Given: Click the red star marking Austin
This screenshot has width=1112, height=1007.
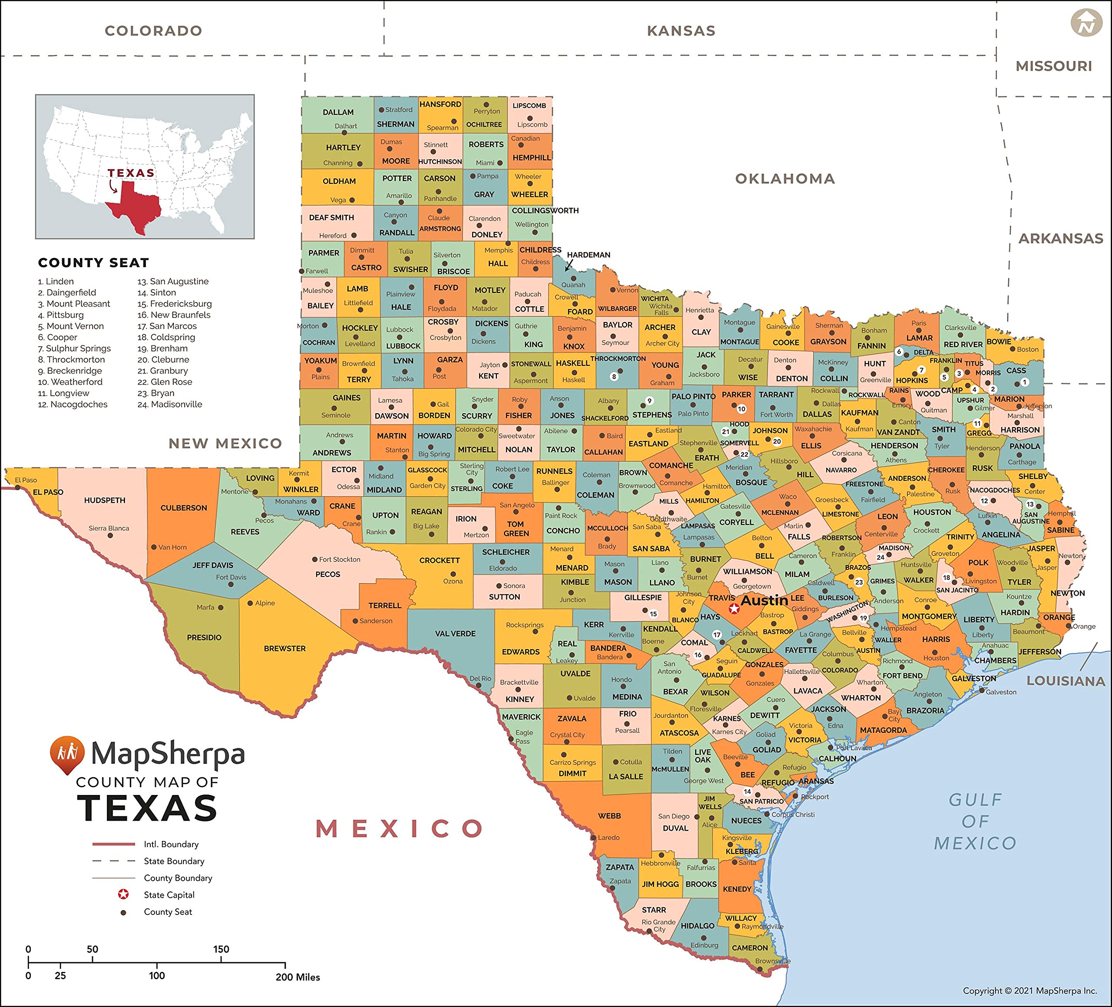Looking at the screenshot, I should [x=734, y=608].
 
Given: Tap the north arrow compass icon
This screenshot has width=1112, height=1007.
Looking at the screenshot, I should [x=1086, y=23].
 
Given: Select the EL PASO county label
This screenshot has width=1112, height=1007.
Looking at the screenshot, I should [x=48, y=492].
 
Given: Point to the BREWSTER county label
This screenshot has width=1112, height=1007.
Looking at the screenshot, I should [x=285, y=648].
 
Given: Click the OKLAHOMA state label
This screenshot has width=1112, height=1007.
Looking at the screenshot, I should [x=785, y=179].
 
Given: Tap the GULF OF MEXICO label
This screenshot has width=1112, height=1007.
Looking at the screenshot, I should [x=975, y=821].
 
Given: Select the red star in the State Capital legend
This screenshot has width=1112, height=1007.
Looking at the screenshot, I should [x=123, y=894].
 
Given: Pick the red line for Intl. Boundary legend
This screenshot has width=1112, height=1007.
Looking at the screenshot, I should [x=114, y=844].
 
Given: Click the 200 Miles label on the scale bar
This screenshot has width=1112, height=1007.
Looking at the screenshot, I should [x=298, y=977].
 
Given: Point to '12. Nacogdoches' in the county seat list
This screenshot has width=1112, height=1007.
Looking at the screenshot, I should [x=73, y=404].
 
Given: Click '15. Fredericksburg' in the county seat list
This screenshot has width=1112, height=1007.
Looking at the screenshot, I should [x=174, y=304].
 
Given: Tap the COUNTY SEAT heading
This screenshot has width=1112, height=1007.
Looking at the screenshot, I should [x=93, y=263].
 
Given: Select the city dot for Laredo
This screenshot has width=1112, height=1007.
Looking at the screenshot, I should [x=593, y=838].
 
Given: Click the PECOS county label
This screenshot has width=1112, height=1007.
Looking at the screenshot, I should [x=328, y=574].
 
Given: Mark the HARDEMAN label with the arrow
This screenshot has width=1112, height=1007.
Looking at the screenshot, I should [x=589, y=255].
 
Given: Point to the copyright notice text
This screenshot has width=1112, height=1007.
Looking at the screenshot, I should [x=1030, y=990].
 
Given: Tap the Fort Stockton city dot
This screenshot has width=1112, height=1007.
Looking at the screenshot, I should [x=315, y=560].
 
